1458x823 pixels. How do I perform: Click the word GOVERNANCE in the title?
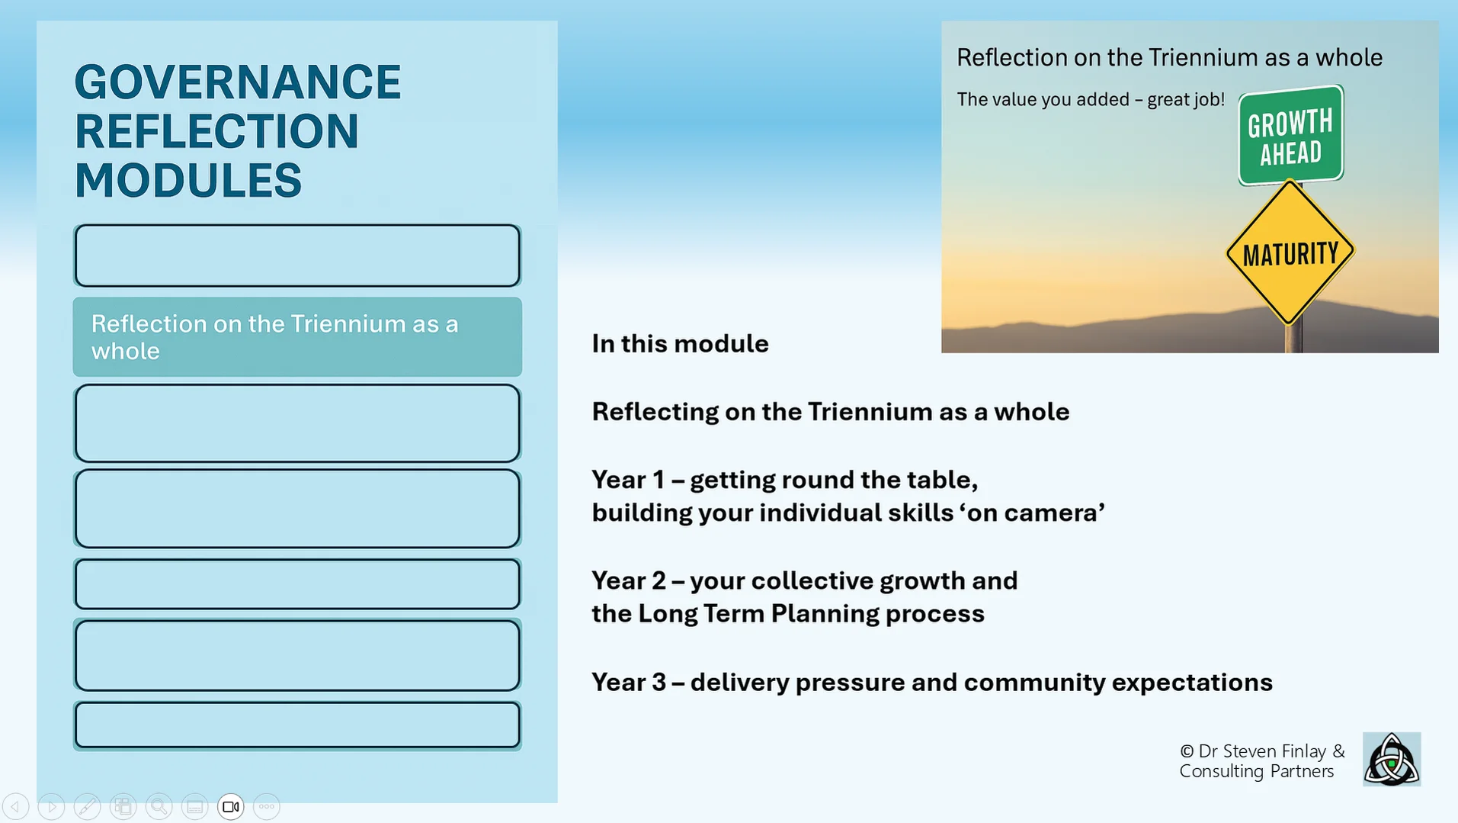tap(237, 82)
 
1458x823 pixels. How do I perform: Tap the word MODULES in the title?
tap(188, 181)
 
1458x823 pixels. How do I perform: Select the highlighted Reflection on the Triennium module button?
tap(297, 337)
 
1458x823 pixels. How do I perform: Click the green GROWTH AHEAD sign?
tap(1290, 136)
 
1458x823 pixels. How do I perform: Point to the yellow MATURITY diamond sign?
tap(1290, 252)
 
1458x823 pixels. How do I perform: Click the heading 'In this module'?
tap(680, 344)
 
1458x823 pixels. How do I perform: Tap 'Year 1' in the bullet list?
tap(628, 480)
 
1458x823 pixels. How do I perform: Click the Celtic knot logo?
tap(1392, 759)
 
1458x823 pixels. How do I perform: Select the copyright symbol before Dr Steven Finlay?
tap(1186, 751)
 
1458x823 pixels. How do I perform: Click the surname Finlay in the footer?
tap(1304, 751)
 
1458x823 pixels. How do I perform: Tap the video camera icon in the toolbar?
tap(230, 806)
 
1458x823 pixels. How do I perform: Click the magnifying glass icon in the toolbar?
tap(159, 806)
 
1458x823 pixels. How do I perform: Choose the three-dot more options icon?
tap(266, 806)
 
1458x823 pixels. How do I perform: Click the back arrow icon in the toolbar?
tap(15, 806)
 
